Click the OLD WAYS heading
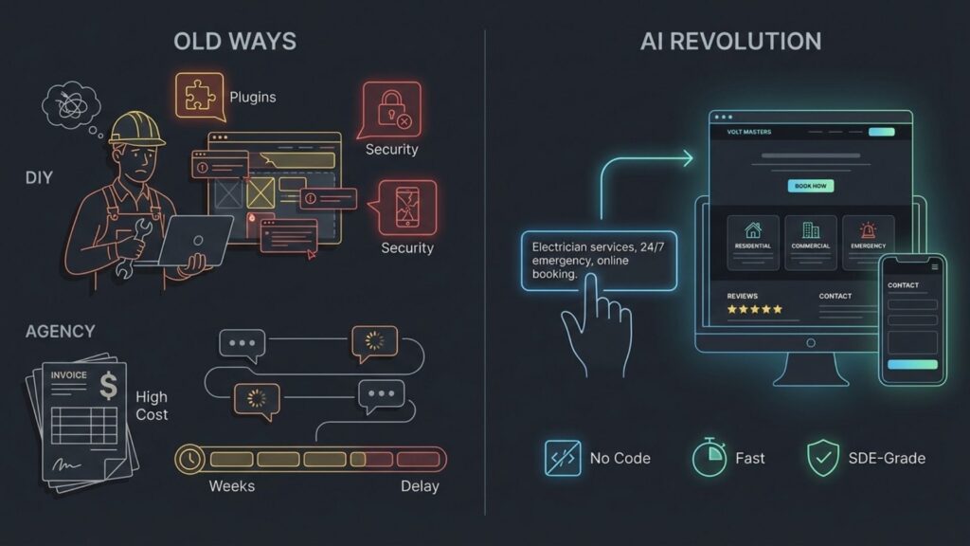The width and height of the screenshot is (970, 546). tap(236, 42)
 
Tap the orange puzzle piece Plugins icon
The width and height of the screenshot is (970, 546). tap(198, 96)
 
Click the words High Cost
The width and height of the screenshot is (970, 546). tap(152, 406)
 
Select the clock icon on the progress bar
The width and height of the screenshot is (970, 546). tap(189, 459)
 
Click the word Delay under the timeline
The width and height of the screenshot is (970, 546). tap(419, 486)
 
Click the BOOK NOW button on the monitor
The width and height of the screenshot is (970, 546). tap(810, 186)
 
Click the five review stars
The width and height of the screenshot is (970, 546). tap(755, 309)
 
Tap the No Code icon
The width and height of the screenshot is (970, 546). tap(562, 458)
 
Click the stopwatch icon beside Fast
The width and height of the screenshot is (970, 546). tap(709, 457)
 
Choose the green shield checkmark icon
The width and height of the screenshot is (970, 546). tap(822, 458)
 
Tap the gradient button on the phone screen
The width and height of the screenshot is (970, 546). tap(912, 365)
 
